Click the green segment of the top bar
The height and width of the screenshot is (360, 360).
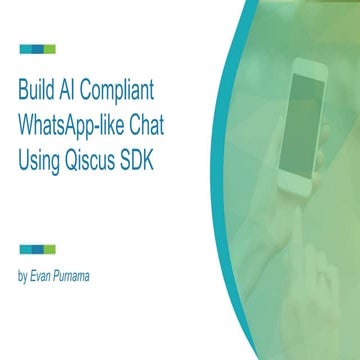(x=50, y=48)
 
